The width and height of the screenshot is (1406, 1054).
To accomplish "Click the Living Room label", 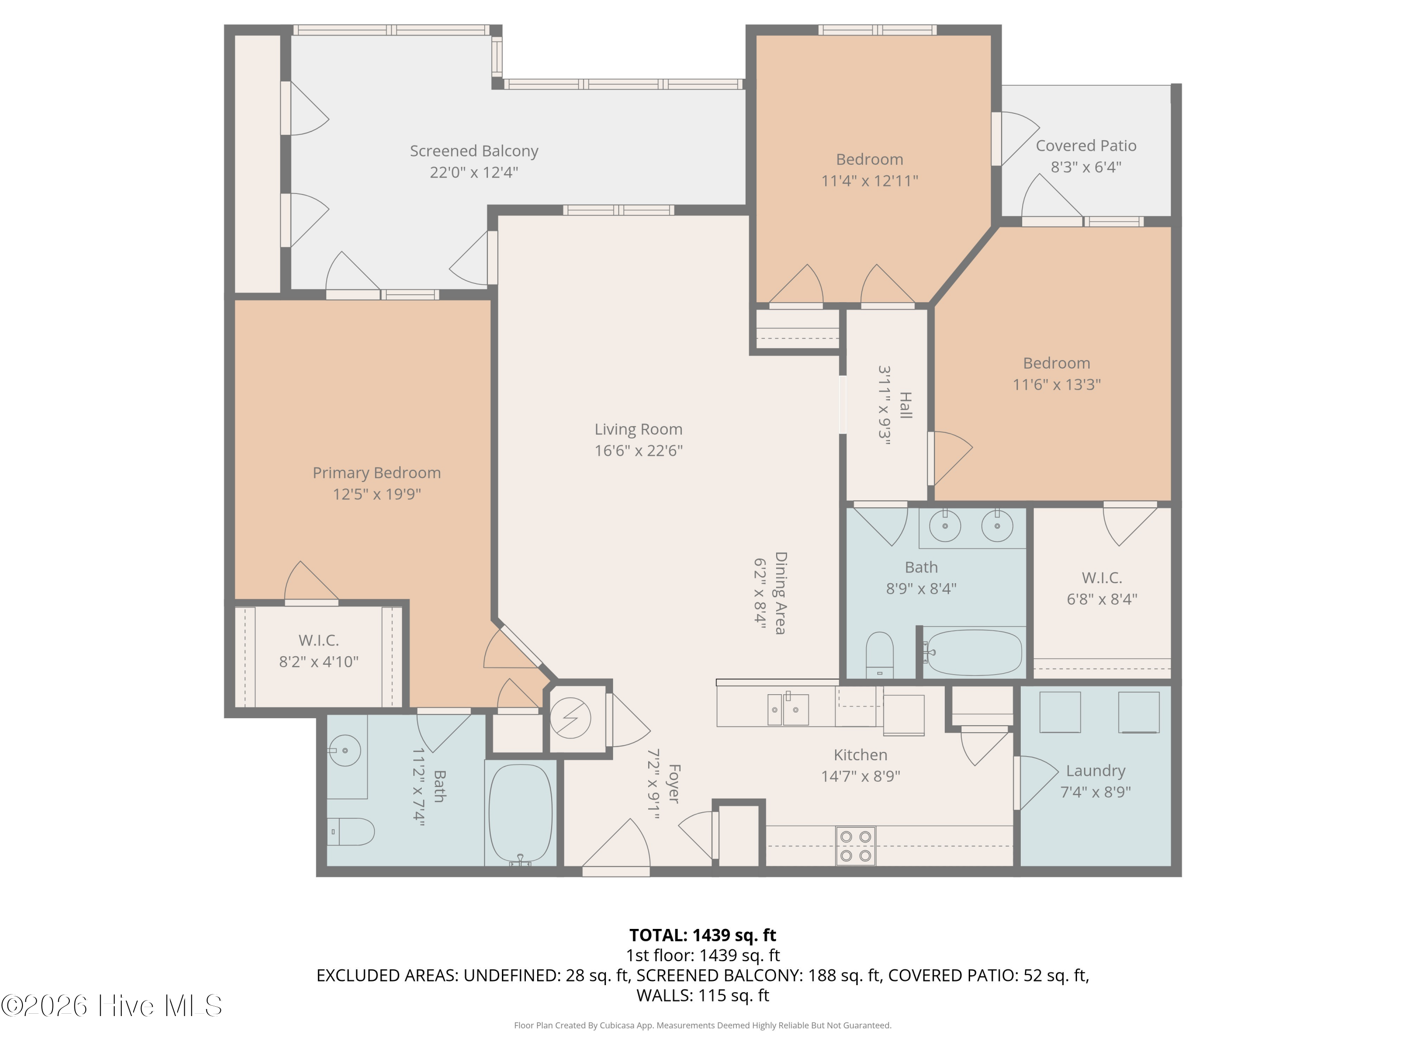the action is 638,430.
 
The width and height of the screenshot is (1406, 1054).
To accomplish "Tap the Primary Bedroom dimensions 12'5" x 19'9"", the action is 377,494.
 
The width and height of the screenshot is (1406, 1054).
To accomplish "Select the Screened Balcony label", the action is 474,151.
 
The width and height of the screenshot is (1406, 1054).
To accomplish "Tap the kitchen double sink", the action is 788,709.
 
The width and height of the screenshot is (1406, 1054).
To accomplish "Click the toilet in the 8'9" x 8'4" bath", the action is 880,655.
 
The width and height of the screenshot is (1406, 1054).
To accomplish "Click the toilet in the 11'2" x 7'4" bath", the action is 351,831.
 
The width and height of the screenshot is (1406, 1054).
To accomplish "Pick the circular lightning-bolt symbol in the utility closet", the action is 571,718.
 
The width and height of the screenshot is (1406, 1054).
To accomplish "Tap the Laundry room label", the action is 1096,771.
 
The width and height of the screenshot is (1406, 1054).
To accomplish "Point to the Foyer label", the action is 674,783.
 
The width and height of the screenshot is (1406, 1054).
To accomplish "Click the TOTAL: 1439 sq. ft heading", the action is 703,935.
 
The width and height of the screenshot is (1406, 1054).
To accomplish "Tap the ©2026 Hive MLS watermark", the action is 112,1006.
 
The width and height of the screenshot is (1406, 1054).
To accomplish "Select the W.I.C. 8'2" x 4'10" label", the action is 318,651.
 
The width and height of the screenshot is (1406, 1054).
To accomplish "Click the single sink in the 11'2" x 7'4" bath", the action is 345,750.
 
